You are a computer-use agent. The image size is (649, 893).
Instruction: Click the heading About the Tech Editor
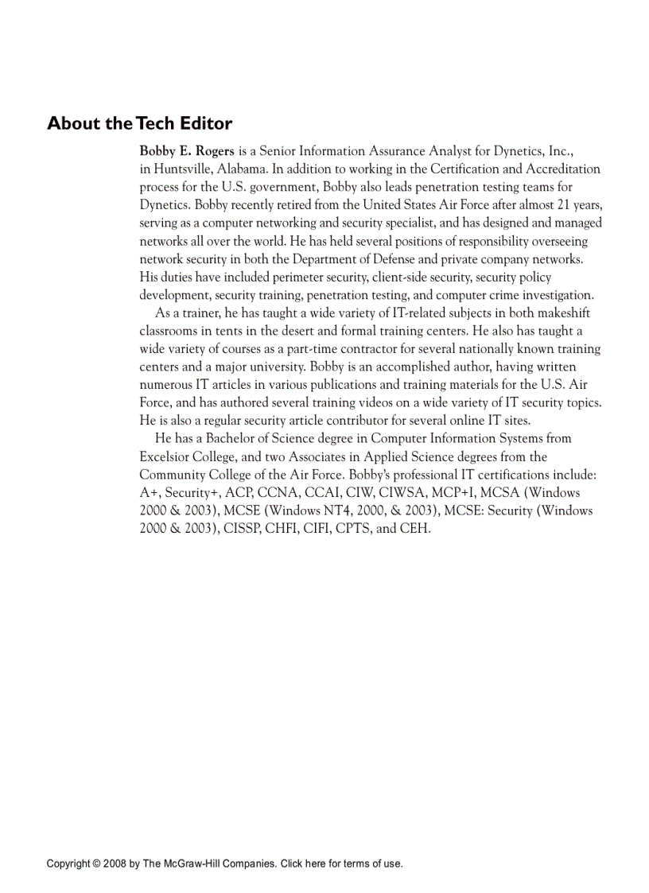139,123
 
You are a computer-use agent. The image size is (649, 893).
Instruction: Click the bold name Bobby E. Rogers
187,150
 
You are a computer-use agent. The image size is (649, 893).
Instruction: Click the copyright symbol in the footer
95,864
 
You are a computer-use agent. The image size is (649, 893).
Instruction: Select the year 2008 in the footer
114,864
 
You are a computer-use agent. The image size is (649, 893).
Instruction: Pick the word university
276,367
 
